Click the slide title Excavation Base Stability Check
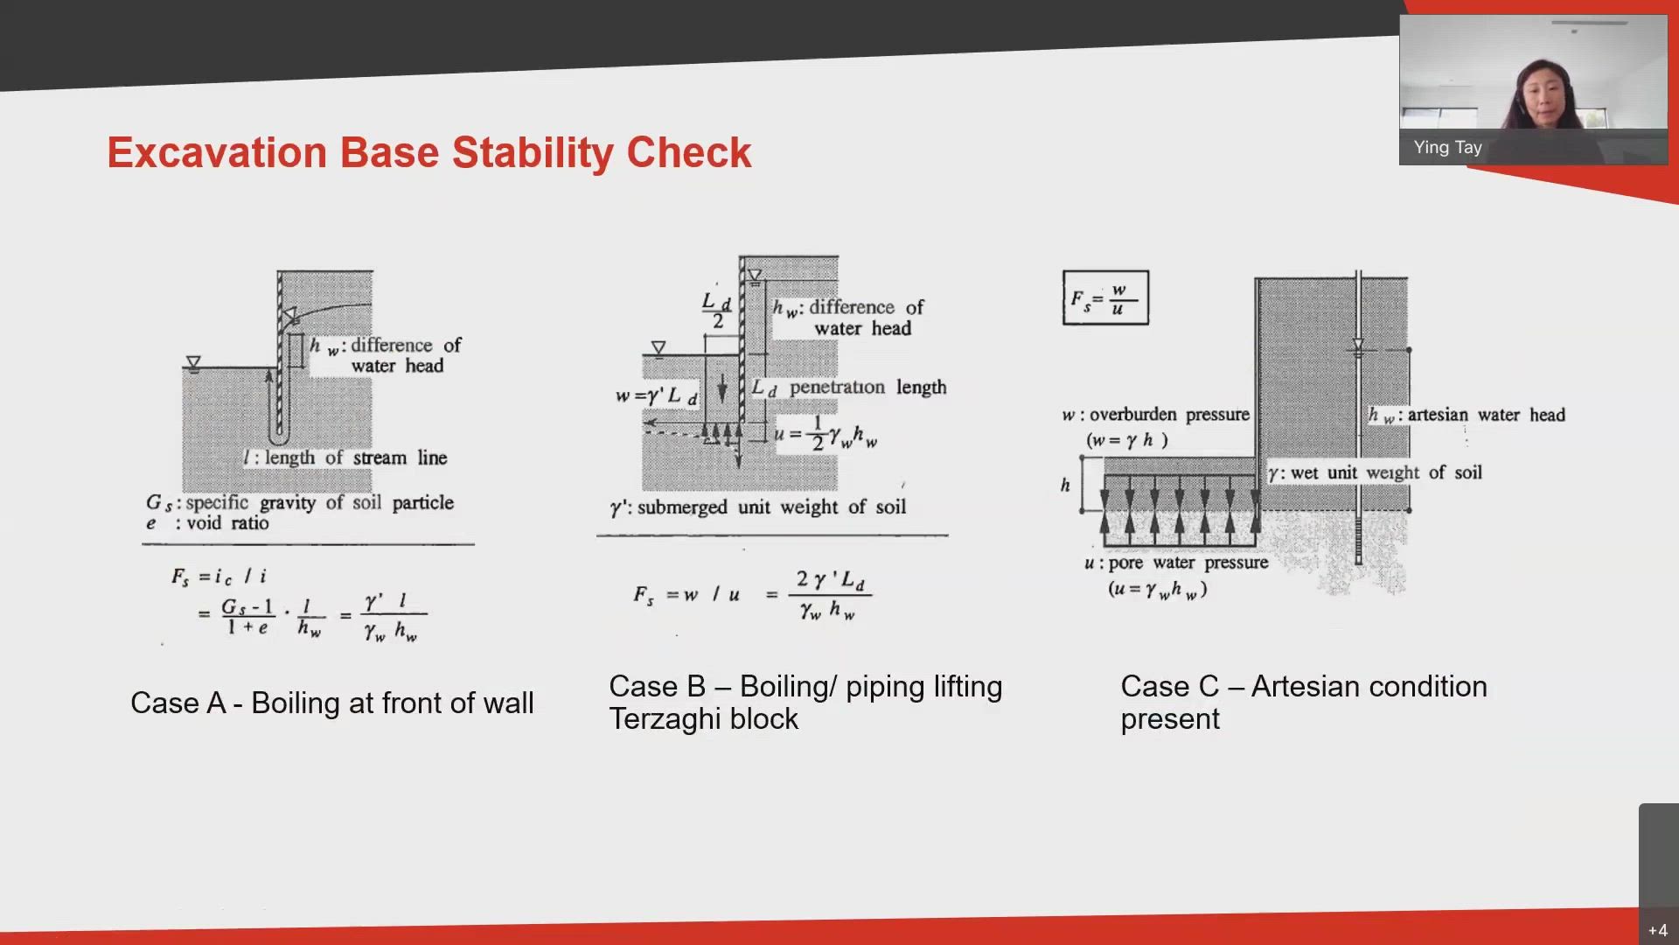(x=428, y=152)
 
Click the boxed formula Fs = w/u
(x=1105, y=298)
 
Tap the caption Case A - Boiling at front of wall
(x=331, y=703)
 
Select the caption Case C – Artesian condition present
(x=1303, y=702)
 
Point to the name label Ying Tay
(x=1447, y=147)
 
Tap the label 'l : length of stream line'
(x=345, y=458)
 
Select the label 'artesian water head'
(x=1486, y=415)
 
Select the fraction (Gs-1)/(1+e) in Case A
(x=247, y=616)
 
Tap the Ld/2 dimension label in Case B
(x=716, y=311)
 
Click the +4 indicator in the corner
(x=1657, y=930)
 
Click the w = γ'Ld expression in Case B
(x=656, y=395)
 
